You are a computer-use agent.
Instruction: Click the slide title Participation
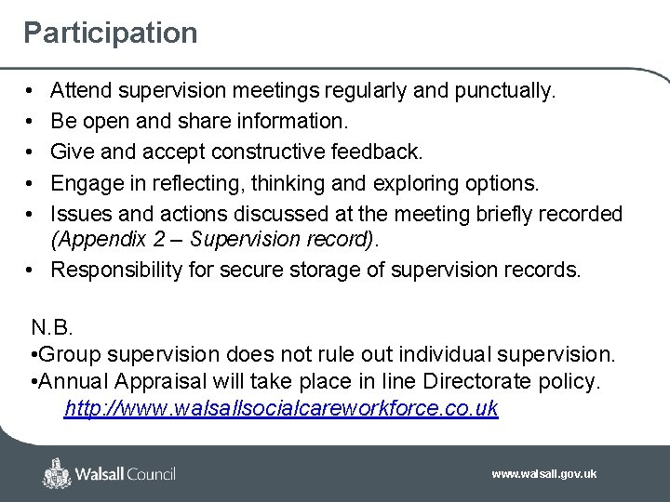111,33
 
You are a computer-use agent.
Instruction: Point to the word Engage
84,183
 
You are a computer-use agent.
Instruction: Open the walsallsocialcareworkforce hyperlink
280,408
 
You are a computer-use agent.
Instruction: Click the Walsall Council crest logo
58,474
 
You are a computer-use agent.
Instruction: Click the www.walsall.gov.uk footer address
544,474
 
